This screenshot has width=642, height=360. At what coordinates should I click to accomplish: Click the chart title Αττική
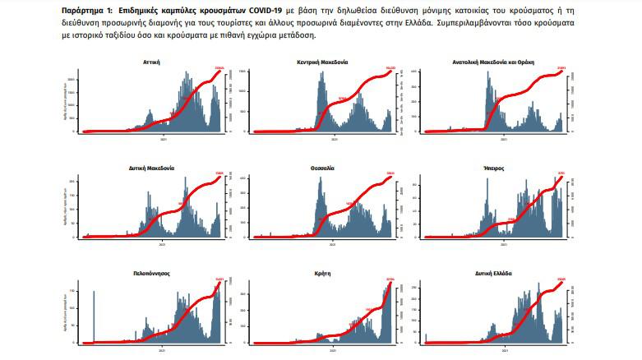[151, 62]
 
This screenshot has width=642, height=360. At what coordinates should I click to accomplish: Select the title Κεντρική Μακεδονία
[322, 62]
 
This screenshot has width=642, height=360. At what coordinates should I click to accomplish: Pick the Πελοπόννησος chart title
[151, 272]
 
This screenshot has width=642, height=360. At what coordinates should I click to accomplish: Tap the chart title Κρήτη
[322, 272]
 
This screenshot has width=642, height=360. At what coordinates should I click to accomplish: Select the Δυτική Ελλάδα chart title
[494, 272]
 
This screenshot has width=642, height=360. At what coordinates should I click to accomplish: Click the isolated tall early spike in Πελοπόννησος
[94, 316]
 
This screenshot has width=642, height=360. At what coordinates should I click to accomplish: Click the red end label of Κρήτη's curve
[390, 279]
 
